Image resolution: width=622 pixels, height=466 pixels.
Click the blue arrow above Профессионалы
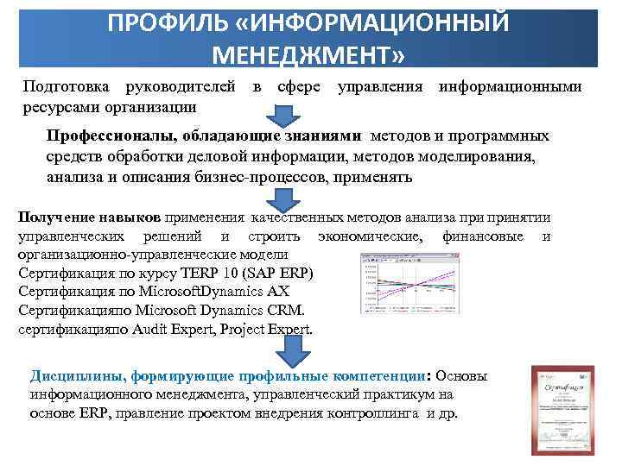pos(284,116)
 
